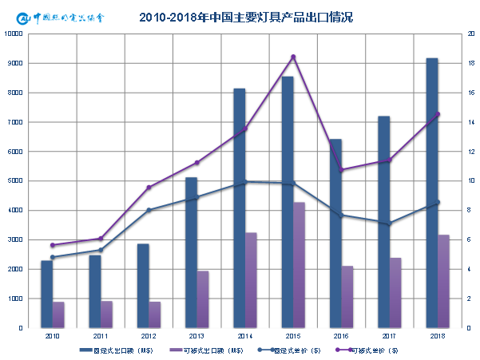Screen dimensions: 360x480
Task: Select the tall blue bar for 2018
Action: (x=431, y=192)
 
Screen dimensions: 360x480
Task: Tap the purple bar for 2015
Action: (x=298, y=264)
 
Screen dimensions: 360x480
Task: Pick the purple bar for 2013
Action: (x=203, y=299)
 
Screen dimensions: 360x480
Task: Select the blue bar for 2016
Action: (x=335, y=233)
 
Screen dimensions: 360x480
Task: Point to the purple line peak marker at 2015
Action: (x=293, y=57)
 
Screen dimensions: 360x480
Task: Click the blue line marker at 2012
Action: (x=149, y=210)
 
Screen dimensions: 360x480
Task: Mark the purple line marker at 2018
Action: (x=437, y=114)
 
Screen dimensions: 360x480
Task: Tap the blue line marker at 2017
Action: (x=389, y=224)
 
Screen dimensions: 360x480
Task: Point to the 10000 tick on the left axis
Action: (x=14, y=34)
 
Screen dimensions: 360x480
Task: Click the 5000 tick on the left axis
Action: (x=15, y=180)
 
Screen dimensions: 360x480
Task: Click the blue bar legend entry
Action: (x=116, y=350)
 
